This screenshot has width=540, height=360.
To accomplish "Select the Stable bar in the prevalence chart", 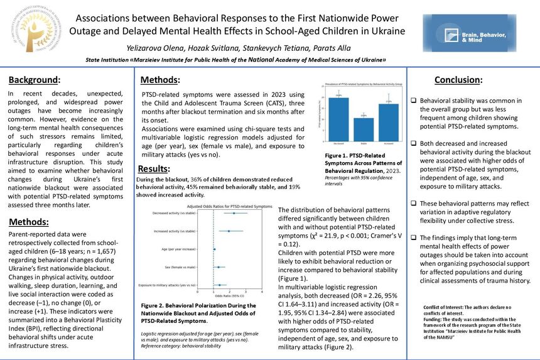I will [367, 129].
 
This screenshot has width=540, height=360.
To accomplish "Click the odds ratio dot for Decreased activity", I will [234, 213].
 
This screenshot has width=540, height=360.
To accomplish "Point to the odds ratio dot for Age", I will [214, 249].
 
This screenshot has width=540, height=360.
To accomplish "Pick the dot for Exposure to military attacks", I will [219, 285].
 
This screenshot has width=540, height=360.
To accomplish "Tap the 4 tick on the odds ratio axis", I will [262, 292].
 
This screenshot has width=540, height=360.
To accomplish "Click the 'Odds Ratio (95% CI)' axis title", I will [230, 297].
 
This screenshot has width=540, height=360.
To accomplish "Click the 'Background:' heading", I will [34, 80].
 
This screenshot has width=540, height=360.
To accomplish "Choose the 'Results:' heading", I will [154, 168].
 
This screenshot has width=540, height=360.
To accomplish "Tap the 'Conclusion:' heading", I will [458, 80].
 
